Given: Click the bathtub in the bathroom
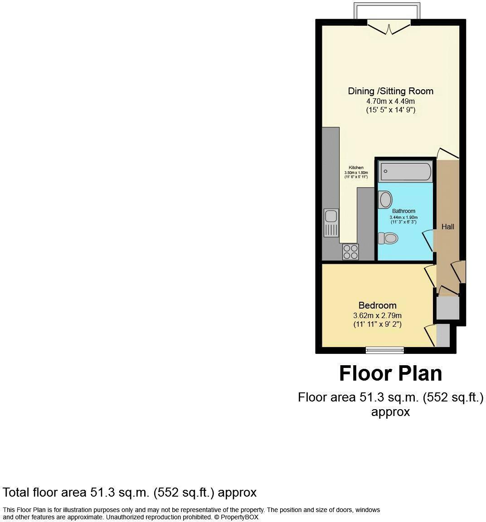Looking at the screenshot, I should point(405,172).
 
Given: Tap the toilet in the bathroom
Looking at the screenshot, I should point(388,237).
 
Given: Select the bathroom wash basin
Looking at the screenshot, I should point(385,199).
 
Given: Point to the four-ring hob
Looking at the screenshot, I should point(350,251).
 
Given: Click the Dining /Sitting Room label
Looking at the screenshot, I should point(390,91).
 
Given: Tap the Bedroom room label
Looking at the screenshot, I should point(377,305).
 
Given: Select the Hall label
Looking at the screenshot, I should point(447,227).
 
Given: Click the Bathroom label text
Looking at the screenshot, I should point(403,211).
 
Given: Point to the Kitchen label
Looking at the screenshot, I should point(356,168).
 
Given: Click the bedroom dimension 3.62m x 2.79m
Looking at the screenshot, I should point(377,315).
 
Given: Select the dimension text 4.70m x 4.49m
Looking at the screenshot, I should point(390,101).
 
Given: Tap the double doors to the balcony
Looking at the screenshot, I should point(389,28).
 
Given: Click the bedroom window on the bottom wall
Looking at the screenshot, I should point(385,349).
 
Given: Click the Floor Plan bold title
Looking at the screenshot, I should point(390,374).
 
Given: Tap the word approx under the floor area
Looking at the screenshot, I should point(390,412).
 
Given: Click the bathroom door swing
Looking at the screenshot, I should point(428,239).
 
